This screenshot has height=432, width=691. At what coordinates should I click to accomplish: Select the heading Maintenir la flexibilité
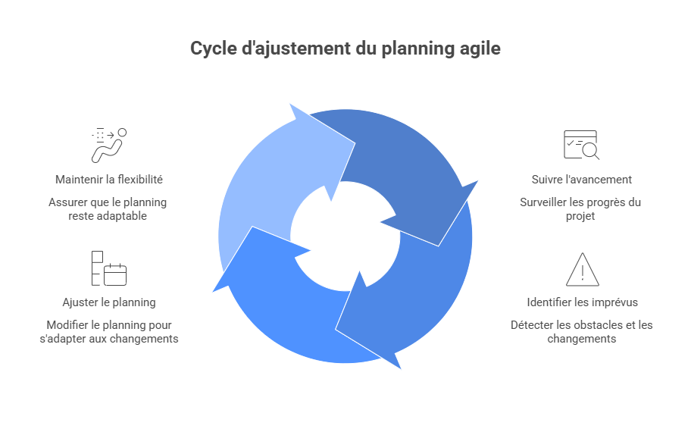(109, 180)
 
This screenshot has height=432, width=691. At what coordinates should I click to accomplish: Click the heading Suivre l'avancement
(581, 180)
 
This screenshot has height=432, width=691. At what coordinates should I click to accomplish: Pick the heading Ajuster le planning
(109, 302)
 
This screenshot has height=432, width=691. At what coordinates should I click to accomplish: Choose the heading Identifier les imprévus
(582, 302)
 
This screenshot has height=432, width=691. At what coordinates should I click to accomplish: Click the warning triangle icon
(582, 269)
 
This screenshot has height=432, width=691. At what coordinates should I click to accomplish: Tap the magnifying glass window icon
(581, 146)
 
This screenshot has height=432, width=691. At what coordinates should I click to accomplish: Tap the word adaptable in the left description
(123, 216)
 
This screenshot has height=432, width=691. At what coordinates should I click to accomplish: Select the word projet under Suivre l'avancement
(581, 216)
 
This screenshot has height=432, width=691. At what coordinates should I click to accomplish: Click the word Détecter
(533, 325)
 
